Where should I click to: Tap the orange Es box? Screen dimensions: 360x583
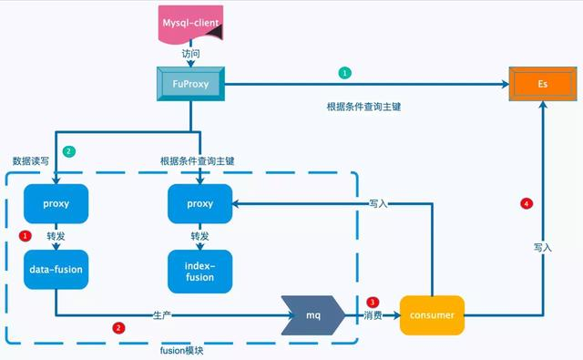pyautogui.click(x=541, y=85)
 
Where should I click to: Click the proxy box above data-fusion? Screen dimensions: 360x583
pyautogui.click(x=56, y=203)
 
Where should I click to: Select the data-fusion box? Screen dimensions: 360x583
pyautogui.click(x=56, y=271)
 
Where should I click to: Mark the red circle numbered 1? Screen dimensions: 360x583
pyautogui.click(x=25, y=236)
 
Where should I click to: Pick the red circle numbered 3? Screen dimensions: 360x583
pyautogui.click(x=372, y=302)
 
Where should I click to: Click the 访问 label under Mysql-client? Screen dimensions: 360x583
pyautogui.click(x=190, y=54)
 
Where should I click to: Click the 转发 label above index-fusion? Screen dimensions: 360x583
pyautogui.click(x=201, y=236)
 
